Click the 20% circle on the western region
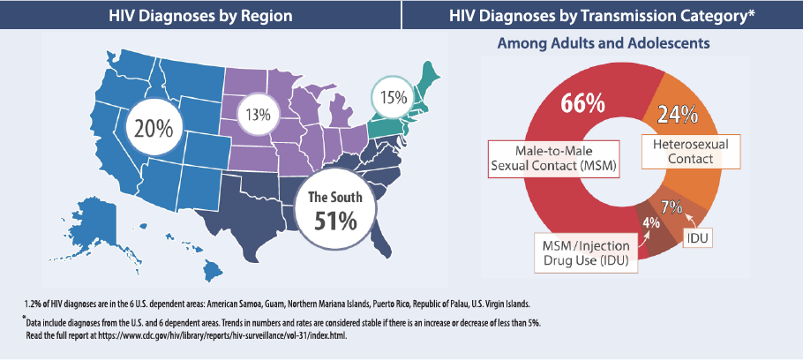(154, 127)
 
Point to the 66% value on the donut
(582, 102)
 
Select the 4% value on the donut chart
(651, 222)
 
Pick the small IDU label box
(699, 238)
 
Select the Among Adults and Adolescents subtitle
(604, 42)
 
